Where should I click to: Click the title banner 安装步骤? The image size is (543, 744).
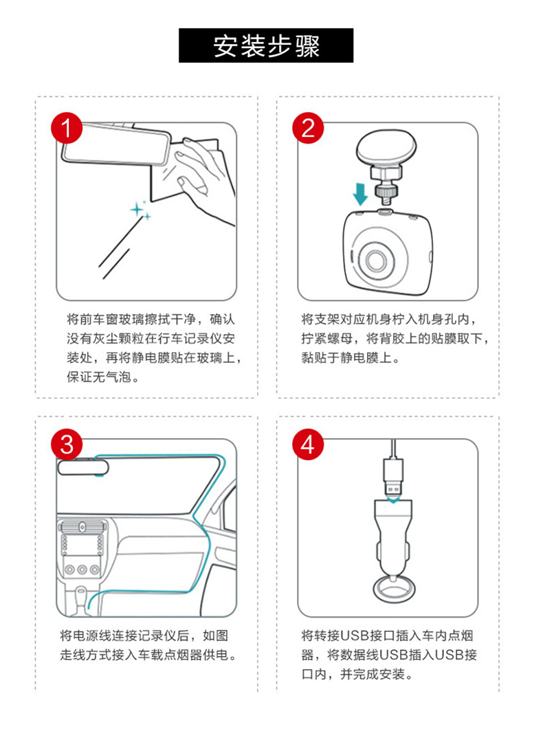pos(266,45)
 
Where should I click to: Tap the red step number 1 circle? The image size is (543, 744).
pos(67,128)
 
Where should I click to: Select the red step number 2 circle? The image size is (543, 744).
pos(308,128)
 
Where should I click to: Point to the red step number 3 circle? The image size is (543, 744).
pos(67,445)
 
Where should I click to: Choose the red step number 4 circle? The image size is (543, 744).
pos(308,445)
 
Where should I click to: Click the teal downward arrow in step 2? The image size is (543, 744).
pos(361,193)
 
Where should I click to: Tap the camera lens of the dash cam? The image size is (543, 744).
pos(378,259)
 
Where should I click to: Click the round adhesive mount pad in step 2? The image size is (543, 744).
pos(386,148)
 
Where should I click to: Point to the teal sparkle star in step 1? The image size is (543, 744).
pos(138,209)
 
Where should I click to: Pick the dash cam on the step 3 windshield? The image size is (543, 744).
pos(83,467)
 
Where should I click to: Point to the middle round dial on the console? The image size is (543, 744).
pos(82,569)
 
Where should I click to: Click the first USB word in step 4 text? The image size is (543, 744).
pos(355,635)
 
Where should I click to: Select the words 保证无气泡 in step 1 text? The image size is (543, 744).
pos(98,378)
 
